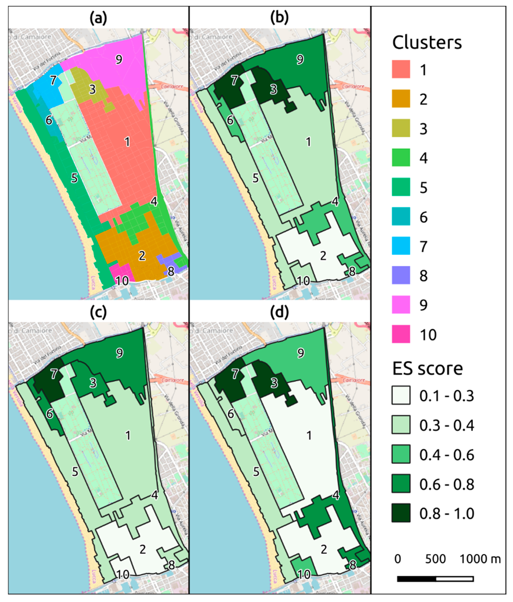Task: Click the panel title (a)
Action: (98, 18)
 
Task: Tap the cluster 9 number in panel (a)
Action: (119, 60)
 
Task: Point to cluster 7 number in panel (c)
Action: (54, 374)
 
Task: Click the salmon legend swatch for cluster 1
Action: (401, 69)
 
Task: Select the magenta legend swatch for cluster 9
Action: (401, 305)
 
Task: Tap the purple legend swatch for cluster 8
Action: (401, 275)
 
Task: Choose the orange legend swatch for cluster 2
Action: (401, 99)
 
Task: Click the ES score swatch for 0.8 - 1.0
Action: (401, 513)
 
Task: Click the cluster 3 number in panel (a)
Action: (92, 89)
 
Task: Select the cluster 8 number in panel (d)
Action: (352, 565)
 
